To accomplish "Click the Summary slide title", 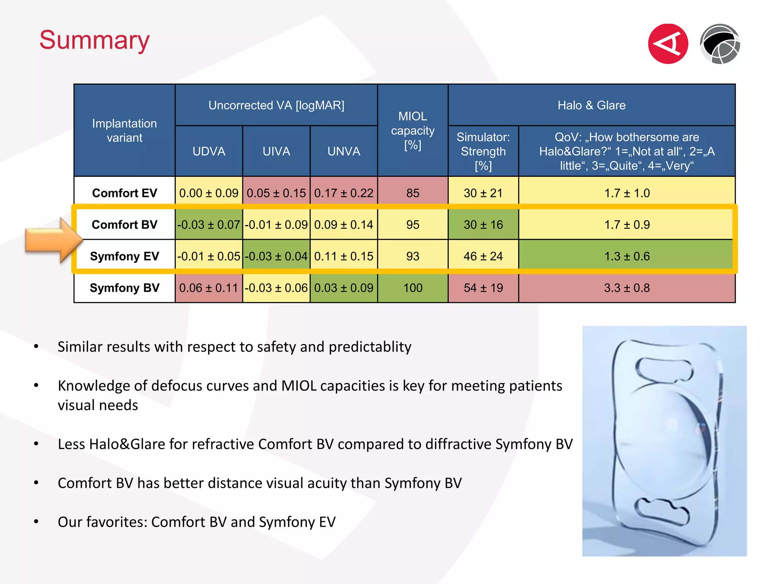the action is (x=95, y=40).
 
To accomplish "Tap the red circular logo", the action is (x=668, y=44).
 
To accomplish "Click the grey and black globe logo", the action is (x=720, y=44).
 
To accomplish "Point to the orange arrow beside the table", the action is (x=54, y=240).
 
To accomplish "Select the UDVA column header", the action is (x=209, y=151).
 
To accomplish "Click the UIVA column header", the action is (x=277, y=151).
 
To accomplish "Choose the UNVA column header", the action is (x=344, y=151).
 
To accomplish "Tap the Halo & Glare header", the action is (x=591, y=105).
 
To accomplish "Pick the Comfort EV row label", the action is (x=124, y=193).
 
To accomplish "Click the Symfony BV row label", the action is (x=124, y=288).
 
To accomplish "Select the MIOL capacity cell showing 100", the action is (x=413, y=288).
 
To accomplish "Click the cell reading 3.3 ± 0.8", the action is (x=627, y=288).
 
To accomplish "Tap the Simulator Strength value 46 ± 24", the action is (x=483, y=256).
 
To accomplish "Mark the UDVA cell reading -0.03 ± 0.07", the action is (x=209, y=225).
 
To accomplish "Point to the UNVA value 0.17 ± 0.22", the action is (x=344, y=193).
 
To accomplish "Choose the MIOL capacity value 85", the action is (x=413, y=193).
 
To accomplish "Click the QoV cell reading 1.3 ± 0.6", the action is (x=627, y=256).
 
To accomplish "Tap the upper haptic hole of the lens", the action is (x=664, y=369).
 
